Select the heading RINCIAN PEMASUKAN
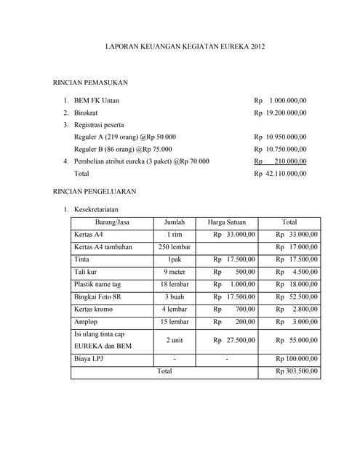coord(91,84)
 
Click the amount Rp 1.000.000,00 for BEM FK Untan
coord(280,100)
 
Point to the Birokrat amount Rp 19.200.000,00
coord(280,113)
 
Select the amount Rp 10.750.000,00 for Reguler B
coord(280,149)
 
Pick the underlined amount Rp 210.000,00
coord(280,161)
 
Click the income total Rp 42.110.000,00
coord(280,174)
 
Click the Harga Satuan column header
coord(226,222)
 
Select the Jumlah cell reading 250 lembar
coord(175,247)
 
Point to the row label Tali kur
coord(87,272)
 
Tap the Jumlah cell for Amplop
coord(175,321)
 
